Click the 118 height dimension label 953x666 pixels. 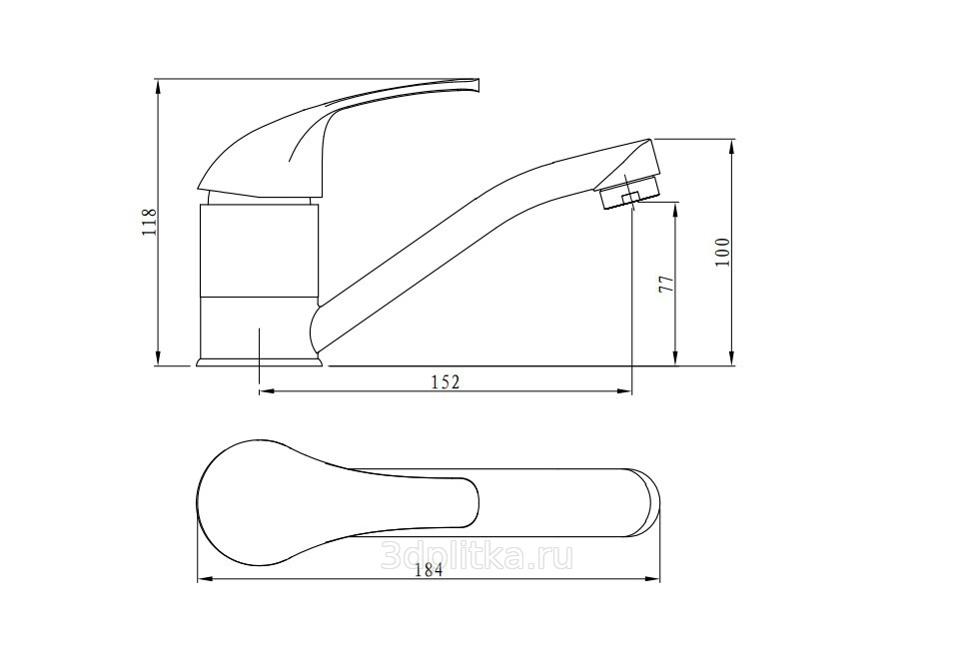[x=150, y=222]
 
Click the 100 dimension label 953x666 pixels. [x=721, y=252]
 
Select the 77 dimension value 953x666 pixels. [x=667, y=284]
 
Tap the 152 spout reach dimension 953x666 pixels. [x=446, y=382]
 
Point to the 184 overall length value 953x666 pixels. [x=430, y=570]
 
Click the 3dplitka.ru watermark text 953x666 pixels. [x=476, y=556]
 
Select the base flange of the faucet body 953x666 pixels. [x=259, y=362]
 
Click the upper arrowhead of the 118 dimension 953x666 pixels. [x=158, y=86]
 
